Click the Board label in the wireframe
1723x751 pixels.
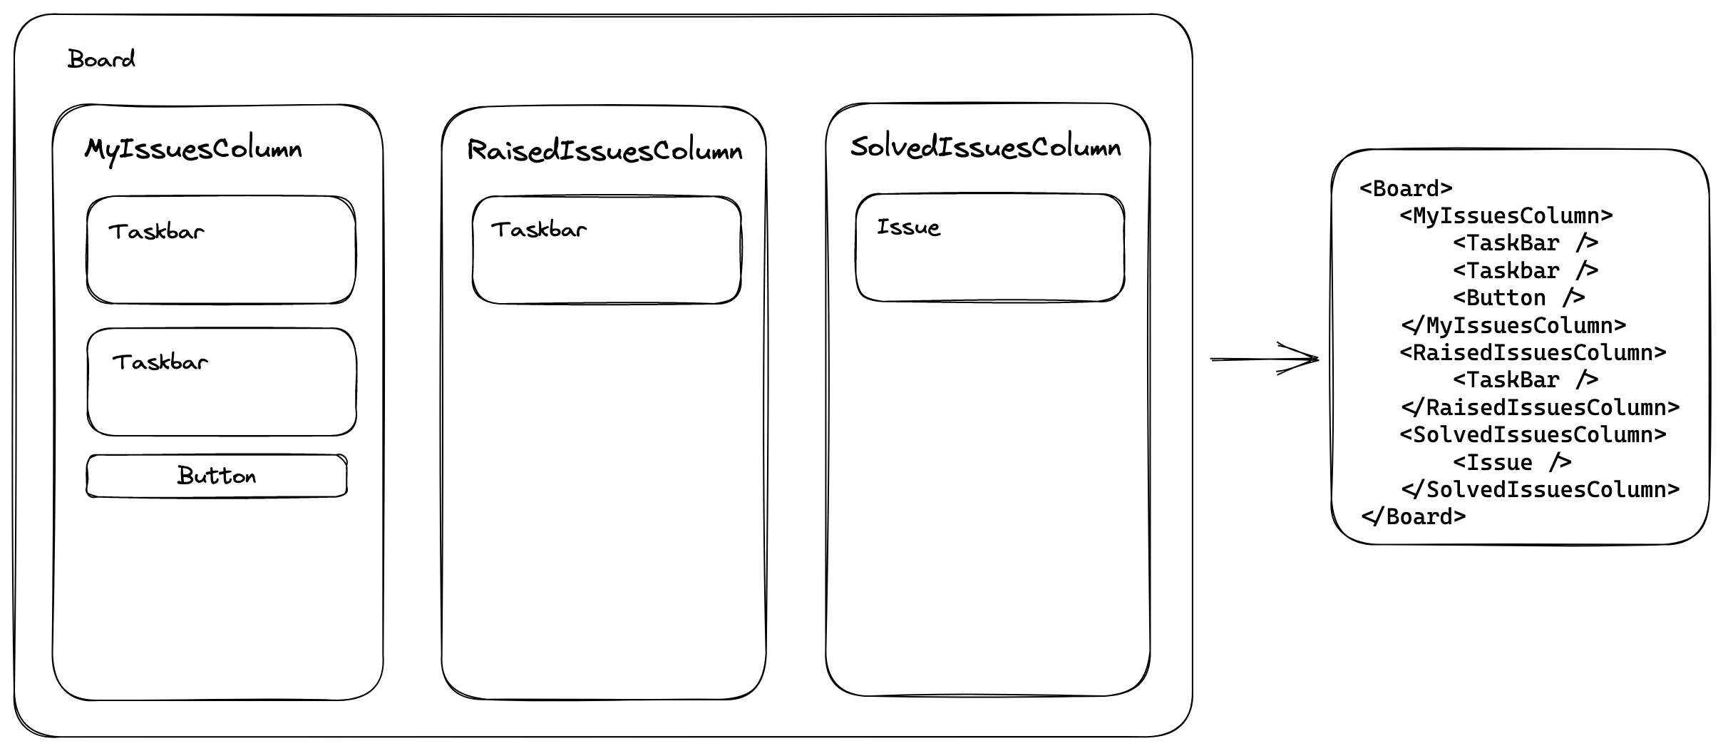click(101, 58)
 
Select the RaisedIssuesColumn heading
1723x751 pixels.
click(605, 150)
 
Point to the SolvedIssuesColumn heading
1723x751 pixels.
click(986, 147)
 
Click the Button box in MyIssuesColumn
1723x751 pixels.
click(217, 476)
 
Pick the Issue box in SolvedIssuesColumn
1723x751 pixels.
click(990, 247)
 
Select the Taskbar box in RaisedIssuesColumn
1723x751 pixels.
click(607, 250)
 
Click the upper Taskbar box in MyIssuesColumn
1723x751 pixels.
click(221, 250)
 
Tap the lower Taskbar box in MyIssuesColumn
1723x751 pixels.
click(222, 382)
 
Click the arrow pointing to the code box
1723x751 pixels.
click(1265, 359)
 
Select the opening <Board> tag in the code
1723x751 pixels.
click(1406, 188)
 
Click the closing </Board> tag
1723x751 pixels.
click(1414, 516)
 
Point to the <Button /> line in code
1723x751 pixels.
click(1519, 297)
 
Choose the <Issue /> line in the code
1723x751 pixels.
click(1513, 462)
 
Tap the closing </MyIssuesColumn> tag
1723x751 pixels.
click(1513, 325)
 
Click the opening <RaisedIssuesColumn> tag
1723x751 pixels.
click(1533, 352)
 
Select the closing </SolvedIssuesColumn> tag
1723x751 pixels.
click(1541, 489)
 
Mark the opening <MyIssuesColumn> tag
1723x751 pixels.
click(1506, 215)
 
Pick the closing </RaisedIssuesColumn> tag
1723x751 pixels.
click(1541, 407)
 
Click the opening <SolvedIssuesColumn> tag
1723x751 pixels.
click(1533, 434)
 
